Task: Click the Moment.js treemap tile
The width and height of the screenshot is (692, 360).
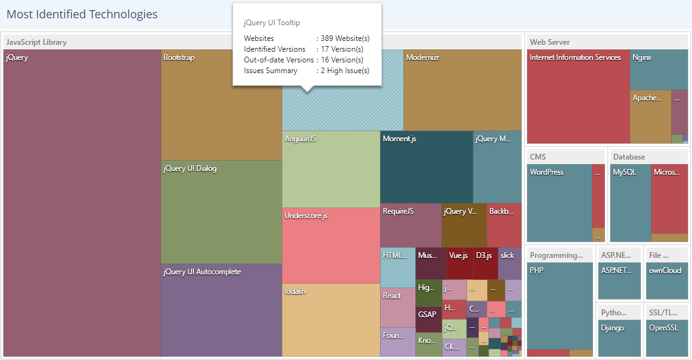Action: (427, 167)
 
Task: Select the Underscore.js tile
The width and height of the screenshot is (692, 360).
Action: (331, 245)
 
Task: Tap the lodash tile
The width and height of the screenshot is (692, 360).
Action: (331, 320)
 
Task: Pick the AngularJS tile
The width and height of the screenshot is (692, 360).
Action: (331, 169)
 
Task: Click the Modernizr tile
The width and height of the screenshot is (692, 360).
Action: (462, 90)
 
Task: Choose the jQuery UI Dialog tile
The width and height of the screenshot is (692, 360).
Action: (221, 212)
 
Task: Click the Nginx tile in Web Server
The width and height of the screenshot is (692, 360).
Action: (659, 69)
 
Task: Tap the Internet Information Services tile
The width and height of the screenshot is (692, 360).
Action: (578, 96)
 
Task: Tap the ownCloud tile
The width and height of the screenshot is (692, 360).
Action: (667, 281)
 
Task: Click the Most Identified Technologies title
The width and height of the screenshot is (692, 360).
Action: (82, 14)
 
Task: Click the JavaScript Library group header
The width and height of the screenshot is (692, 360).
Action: (37, 42)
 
